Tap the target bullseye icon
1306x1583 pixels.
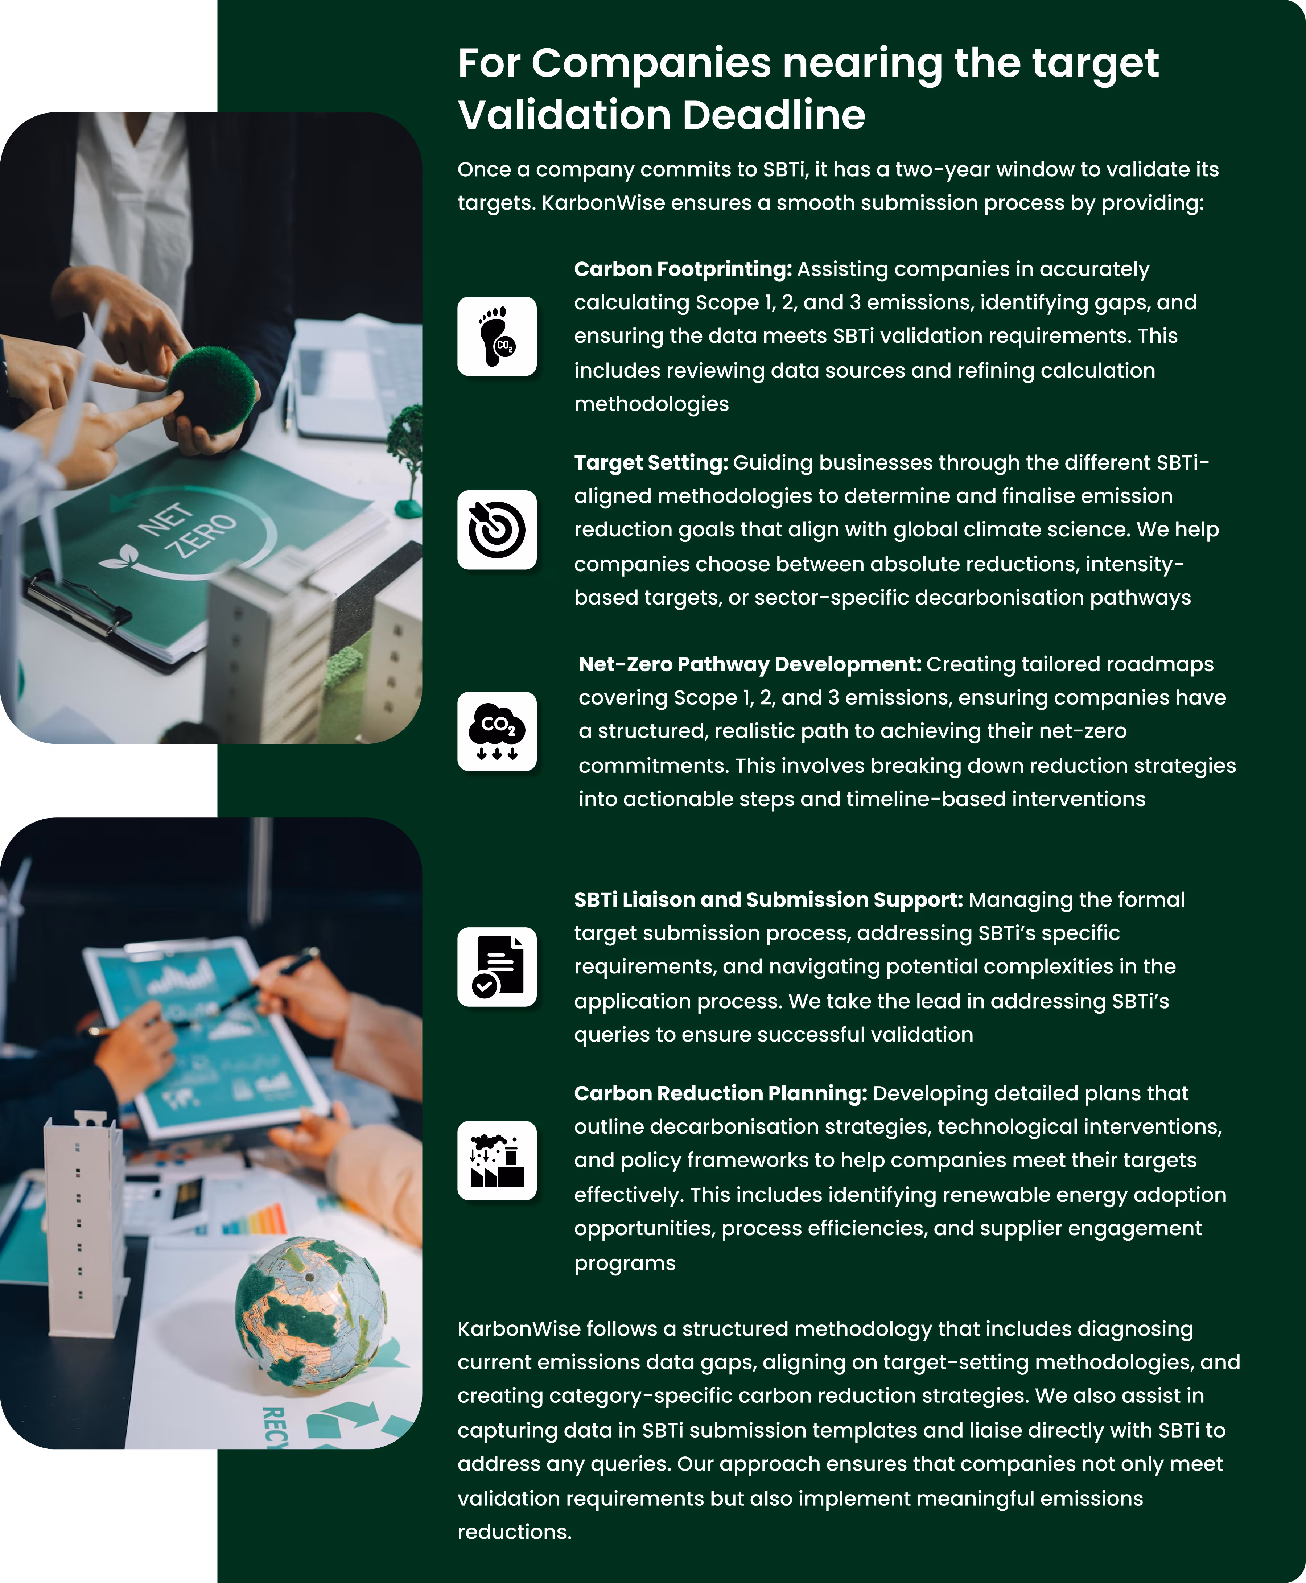tap(497, 530)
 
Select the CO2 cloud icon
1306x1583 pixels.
tap(497, 731)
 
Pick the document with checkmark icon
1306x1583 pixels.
tap(497, 967)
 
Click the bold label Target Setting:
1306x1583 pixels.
tap(651, 463)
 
